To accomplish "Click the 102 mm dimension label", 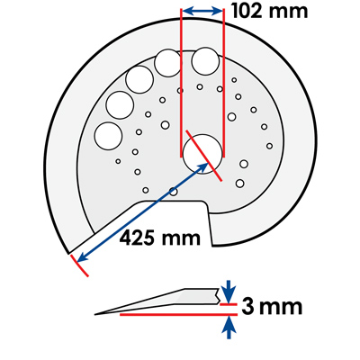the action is [x=270, y=11].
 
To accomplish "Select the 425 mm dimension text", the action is [x=160, y=238].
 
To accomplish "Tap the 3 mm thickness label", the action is [x=272, y=307].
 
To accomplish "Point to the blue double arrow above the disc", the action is [x=202, y=12].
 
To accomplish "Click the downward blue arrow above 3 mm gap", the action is [x=229, y=292].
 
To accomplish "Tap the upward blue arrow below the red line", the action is [x=229, y=328].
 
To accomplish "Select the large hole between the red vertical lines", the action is [x=205, y=61].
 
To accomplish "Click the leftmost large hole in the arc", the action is [x=108, y=136].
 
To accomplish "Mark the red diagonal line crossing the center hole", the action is [x=204, y=156].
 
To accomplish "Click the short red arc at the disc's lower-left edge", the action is [x=79, y=266].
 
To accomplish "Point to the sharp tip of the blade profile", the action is [x=95, y=314].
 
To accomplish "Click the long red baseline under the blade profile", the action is [x=179, y=314].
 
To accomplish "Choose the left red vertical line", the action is [x=181, y=83].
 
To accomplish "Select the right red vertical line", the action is [x=223, y=83].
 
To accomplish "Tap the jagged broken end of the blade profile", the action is [x=218, y=295].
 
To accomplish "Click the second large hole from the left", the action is [x=120, y=105].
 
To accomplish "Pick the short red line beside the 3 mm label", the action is [x=229, y=304].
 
